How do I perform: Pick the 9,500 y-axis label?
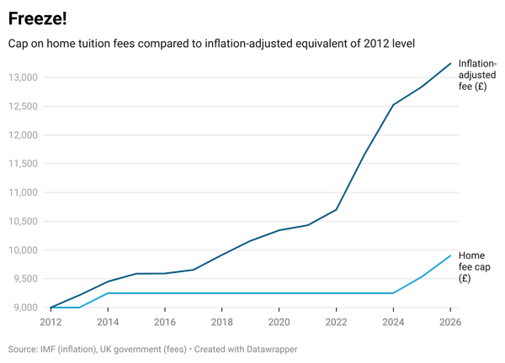[x=24, y=278]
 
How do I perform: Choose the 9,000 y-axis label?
[x=24, y=307]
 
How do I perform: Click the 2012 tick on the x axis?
[x=50, y=321]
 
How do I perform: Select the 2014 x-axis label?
[x=108, y=321]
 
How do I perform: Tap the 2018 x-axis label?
[x=222, y=321]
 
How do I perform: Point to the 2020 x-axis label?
[x=279, y=321]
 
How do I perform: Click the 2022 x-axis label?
[x=337, y=321]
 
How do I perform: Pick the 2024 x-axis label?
[x=394, y=321]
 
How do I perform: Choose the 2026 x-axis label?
[x=451, y=321]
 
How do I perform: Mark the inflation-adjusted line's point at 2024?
[x=394, y=106]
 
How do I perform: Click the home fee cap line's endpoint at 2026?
[x=451, y=255]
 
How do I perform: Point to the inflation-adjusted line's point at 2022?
[x=337, y=210]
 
